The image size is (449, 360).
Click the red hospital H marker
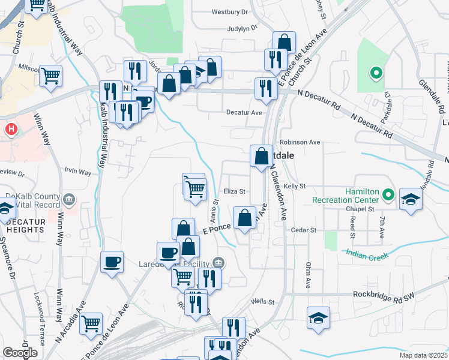pos(11,129)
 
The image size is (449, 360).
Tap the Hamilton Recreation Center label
pos(345,196)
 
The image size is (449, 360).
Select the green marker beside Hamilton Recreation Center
pos(388,194)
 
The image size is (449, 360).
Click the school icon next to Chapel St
pos(411,199)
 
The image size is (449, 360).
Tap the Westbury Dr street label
pos(230,12)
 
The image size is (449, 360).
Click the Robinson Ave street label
pos(300,143)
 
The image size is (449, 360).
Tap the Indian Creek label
pos(367,255)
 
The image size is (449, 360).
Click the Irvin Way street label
pos(79,172)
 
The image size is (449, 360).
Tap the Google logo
pos(20,353)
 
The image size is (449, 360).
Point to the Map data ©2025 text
pos(424,355)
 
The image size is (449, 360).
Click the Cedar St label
pos(303,230)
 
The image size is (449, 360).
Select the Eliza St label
pos(235,191)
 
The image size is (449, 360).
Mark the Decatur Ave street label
pos(244,112)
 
